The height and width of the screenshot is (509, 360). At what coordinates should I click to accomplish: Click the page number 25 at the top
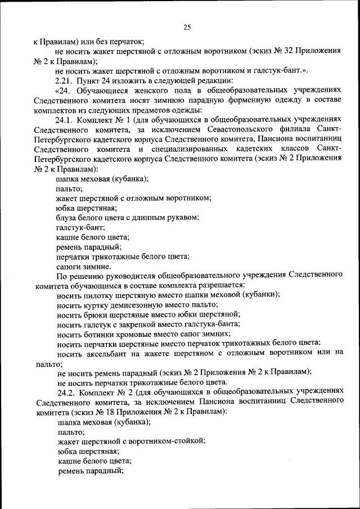tap(188, 27)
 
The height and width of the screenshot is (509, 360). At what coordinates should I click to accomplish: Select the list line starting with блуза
tap(128, 218)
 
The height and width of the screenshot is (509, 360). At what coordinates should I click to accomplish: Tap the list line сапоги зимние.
tap(84, 267)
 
